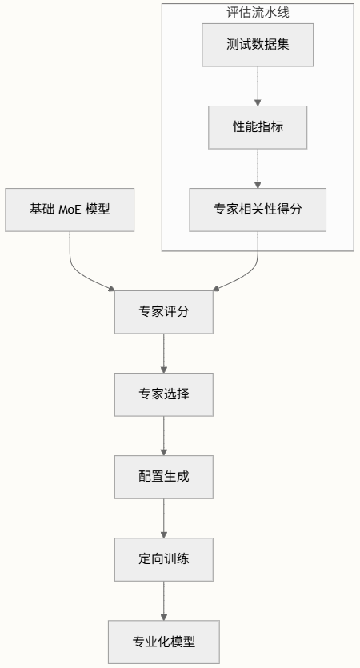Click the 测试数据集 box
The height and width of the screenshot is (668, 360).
[258, 44]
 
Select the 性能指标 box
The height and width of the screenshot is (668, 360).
[258, 126]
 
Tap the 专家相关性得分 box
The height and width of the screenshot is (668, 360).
[258, 210]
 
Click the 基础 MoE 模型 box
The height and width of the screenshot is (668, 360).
[70, 210]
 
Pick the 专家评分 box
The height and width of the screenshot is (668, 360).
[164, 312]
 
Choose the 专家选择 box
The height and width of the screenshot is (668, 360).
[164, 394]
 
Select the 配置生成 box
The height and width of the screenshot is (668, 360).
[164, 477]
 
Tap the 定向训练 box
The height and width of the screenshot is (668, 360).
[164, 559]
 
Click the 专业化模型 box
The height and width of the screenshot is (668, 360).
[164, 642]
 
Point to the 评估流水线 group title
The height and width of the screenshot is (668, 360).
[258, 12]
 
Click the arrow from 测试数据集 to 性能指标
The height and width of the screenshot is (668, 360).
[258, 86]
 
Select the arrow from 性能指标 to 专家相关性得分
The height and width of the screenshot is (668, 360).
[258, 168]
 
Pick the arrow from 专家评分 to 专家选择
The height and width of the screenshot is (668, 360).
[164, 353]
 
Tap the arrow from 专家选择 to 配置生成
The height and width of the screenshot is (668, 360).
[164, 435]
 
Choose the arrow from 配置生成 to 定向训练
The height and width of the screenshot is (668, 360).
[164, 518]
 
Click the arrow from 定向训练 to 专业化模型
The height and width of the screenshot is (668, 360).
[164, 600]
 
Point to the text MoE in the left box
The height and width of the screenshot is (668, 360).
[70, 210]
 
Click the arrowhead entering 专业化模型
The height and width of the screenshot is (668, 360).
[164, 617]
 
